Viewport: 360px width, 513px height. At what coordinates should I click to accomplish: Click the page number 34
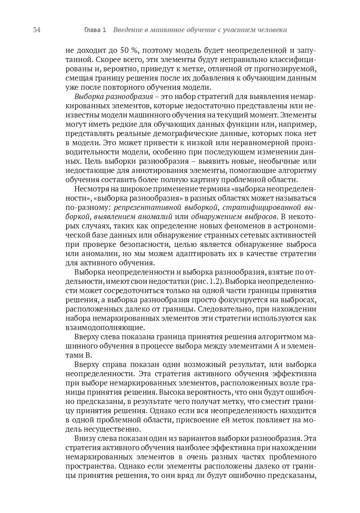(x=37, y=30)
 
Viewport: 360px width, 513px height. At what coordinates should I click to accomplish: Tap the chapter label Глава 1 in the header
(x=95, y=30)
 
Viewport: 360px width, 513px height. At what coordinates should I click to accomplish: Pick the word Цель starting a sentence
(x=93, y=161)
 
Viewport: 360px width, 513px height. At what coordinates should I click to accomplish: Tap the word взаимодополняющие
(x=105, y=327)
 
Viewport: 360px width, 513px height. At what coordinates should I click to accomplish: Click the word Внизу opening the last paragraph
(x=84, y=438)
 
